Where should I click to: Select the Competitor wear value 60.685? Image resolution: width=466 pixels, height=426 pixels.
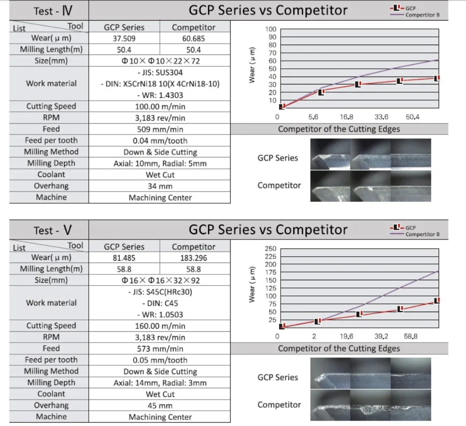[x=194, y=38]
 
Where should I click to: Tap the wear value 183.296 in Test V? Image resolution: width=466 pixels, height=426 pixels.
[x=194, y=258]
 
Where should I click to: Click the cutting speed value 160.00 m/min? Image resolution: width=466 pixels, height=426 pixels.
[x=160, y=326]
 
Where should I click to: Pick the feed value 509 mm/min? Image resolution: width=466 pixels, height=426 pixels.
[x=160, y=130]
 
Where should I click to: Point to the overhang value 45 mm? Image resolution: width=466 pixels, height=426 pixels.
[x=160, y=406]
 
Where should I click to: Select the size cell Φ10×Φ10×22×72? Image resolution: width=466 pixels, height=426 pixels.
[x=160, y=61]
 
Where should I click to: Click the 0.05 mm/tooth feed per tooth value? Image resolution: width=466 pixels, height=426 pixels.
[x=160, y=360]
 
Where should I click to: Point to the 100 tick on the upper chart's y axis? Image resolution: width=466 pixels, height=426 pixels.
[x=270, y=29]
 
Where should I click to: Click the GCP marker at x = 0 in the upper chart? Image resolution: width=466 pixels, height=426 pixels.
[x=282, y=106]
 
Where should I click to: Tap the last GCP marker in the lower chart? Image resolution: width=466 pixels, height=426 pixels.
[x=436, y=301]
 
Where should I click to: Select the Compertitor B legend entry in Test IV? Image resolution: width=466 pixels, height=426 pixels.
[x=422, y=15]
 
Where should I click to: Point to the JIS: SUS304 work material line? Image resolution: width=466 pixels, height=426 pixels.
[x=160, y=73]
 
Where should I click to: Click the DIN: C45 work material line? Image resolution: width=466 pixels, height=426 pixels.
[x=160, y=303]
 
